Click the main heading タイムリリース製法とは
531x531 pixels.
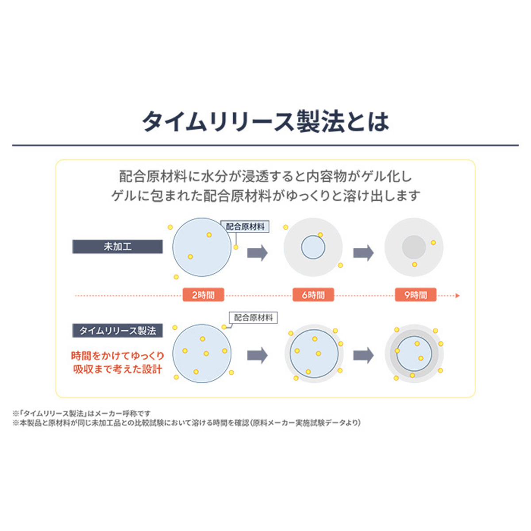pyautogui.click(x=265, y=122)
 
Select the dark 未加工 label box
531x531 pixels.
pyautogui.click(x=117, y=246)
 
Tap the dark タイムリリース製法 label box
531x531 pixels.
pyautogui.click(x=117, y=331)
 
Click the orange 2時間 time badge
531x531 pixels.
pyautogui.click(x=204, y=295)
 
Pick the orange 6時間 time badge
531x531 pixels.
pyautogui.click(x=313, y=295)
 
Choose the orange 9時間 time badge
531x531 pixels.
pyautogui.click(x=416, y=295)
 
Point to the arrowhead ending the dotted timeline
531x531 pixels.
pyautogui.click(x=458, y=296)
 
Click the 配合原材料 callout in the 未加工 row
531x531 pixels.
pyautogui.click(x=245, y=227)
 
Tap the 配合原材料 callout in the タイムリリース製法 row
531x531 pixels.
pyautogui.click(x=253, y=318)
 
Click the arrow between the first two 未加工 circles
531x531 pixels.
pyautogui.click(x=258, y=253)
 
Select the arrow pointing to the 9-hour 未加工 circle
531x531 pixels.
pyautogui.click(x=363, y=253)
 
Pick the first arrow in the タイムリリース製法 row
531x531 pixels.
pyautogui.click(x=258, y=355)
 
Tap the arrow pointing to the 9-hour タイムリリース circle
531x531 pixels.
pyautogui.click(x=363, y=355)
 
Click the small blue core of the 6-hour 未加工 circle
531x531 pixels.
pyautogui.click(x=313, y=247)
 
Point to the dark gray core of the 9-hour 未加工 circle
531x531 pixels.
pyautogui.click(x=414, y=247)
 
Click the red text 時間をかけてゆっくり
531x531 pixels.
pyautogui.click(x=118, y=356)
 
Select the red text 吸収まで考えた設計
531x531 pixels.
pyautogui.click(x=118, y=369)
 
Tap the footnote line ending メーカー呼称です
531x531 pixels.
pyautogui.click(x=82, y=413)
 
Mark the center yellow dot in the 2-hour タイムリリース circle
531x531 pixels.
pyautogui.click(x=206, y=354)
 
